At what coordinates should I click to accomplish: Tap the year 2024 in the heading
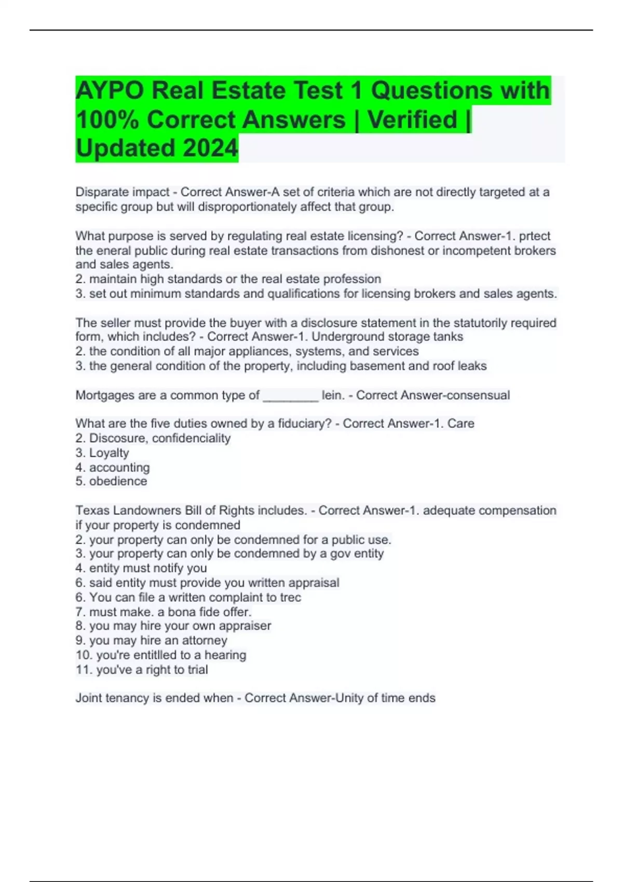pos(210,148)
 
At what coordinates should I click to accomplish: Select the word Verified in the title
pos(413,120)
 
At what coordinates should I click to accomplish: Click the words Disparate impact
pos(123,192)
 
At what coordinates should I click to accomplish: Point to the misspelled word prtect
pos(535,236)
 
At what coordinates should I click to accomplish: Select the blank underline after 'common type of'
pos(291,396)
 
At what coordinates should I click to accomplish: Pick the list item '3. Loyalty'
pos(102,453)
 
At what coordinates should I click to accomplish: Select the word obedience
pos(118,481)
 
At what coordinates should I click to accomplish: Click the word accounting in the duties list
pos(119,467)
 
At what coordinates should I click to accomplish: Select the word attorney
pos(205,641)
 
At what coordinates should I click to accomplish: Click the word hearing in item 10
pos(225,655)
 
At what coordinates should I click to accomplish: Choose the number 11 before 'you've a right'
pos(83,670)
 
